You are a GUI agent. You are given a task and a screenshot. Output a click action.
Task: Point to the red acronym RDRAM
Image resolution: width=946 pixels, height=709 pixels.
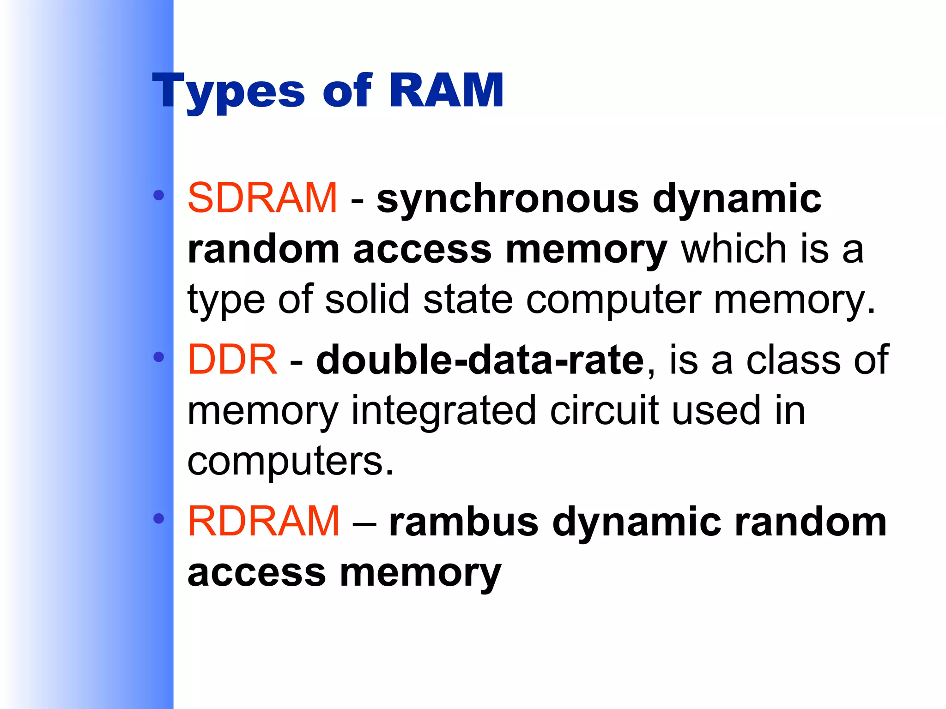coord(264,521)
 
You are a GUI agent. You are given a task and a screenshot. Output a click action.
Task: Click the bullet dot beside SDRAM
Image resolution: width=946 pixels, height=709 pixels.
coord(159,195)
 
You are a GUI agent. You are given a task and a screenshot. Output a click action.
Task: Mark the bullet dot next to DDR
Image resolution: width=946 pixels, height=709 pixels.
coord(159,357)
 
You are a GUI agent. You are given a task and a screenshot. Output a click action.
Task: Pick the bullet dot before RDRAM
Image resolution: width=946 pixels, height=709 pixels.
coord(159,519)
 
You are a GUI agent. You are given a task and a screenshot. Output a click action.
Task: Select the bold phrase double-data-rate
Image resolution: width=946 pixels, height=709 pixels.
coord(480,360)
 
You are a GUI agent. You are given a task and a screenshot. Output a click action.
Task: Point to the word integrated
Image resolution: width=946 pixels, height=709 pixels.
coord(443,411)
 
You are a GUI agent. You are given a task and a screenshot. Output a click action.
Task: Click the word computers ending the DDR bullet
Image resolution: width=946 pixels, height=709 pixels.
coord(291,461)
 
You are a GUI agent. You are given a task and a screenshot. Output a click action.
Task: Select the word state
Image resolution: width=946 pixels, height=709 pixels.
coord(468,299)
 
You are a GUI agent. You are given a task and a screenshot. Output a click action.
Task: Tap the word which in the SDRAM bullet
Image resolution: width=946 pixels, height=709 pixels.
coord(734,249)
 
